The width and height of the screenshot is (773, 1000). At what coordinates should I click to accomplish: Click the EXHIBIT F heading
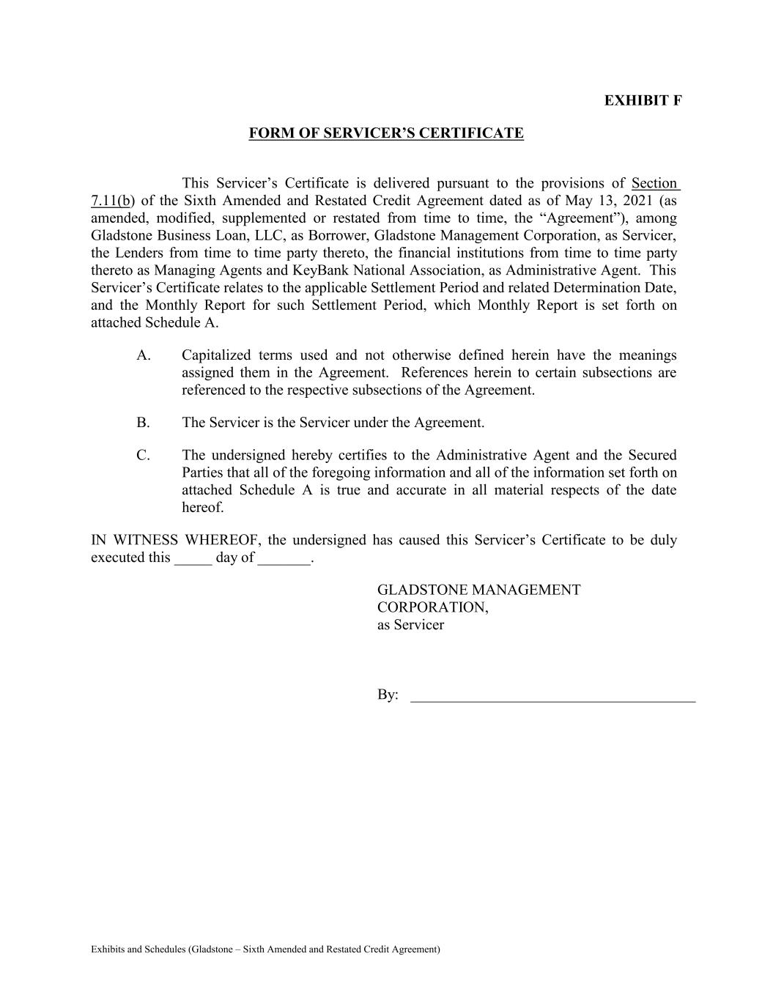643,100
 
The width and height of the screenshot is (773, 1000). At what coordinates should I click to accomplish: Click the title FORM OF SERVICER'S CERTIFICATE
386,133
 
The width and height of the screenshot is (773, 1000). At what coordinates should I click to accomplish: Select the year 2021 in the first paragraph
637,201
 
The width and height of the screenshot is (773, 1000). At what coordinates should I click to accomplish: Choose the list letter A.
144,355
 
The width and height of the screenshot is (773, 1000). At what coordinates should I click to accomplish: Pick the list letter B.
143,423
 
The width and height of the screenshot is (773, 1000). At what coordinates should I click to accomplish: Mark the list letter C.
143,455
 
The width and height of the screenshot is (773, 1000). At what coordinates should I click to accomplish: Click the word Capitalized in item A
216,355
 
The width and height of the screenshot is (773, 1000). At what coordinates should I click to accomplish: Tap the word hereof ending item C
203,508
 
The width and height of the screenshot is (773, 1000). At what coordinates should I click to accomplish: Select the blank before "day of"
193,558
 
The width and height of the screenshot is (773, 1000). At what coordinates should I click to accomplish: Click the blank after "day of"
285,558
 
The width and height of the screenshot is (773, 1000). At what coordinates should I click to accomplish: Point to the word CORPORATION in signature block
432,607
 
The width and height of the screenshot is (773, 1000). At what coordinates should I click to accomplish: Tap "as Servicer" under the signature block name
410,625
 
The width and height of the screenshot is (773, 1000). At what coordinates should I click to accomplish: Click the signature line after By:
552,696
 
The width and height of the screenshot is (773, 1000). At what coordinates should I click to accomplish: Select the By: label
388,695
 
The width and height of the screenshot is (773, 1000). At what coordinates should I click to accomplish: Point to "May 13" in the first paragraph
584,201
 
